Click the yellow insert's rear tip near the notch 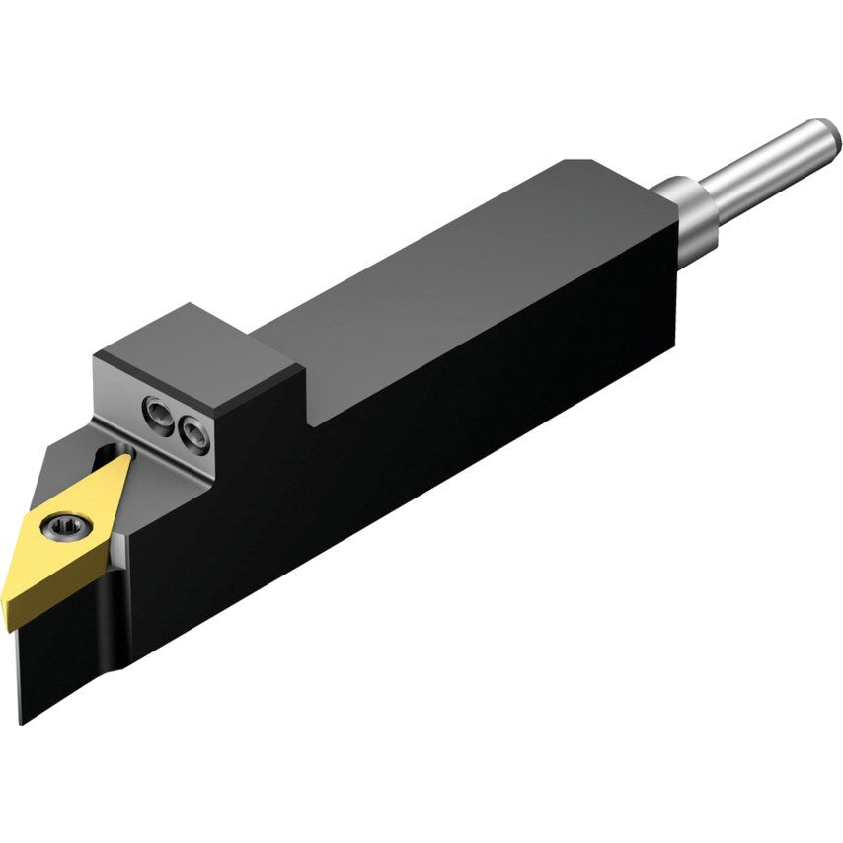click(126, 458)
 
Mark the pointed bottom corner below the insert click(22, 721)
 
